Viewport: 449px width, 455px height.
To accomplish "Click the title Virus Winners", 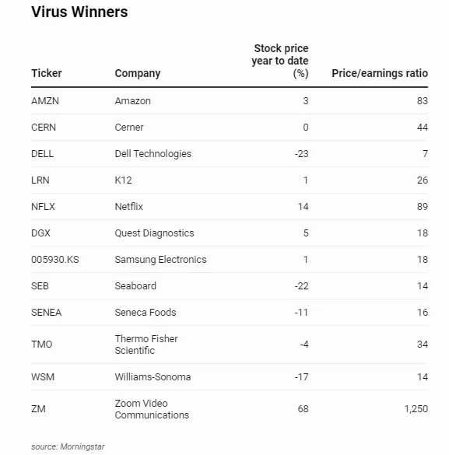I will coord(79,12).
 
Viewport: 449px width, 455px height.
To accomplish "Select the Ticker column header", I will coord(47,73).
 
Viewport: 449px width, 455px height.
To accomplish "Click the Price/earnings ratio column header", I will coord(379,73).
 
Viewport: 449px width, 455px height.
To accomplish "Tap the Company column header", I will coord(138,73).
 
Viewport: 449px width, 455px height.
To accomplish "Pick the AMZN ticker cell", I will coord(45,101).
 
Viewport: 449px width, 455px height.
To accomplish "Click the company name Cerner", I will coord(129,128).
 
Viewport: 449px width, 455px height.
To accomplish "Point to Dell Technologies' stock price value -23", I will coord(301,154).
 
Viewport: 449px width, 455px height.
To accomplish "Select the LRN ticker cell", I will coord(40,180).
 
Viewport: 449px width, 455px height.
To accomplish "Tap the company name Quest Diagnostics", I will coord(154,233).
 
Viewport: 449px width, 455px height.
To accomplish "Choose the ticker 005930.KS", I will coord(55,260).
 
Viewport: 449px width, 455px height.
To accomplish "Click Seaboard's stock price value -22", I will coord(301,286).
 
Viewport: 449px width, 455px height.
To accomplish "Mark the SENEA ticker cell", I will coord(47,313).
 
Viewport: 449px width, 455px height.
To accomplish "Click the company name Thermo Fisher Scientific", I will coord(146,345).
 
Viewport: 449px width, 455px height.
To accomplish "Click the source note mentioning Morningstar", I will coord(68,446).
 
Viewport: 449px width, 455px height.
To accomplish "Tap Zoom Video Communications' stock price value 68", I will coord(303,409).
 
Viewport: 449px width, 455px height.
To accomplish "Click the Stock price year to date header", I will coord(281,61).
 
